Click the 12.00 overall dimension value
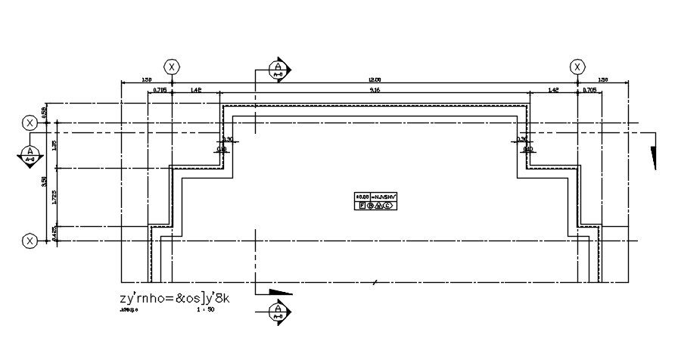click(x=375, y=79)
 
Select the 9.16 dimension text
click(x=375, y=91)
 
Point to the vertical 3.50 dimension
click(x=44, y=181)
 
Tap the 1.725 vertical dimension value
click(x=54, y=197)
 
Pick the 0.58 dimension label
click(x=44, y=111)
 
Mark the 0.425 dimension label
click(x=54, y=234)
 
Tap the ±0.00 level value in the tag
click(x=362, y=197)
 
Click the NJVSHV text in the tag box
click(x=383, y=197)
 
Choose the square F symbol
click(x=362, y=206)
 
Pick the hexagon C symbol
click(x=387, y=206)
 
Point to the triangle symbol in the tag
click(x=379, y=206)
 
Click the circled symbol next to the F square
click(x=371, y=206)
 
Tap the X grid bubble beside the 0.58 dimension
click(x=30, y=123)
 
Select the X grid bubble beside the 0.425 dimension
click(x=30, y=241)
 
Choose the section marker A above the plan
click(x=278, y=70)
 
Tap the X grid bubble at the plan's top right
click(x=577, y=67)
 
